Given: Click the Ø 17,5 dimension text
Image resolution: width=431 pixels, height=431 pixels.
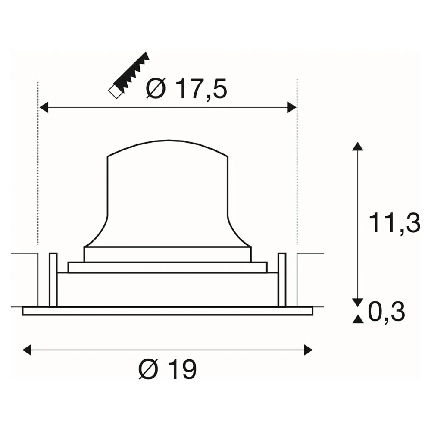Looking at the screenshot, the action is click(x=186, y=88).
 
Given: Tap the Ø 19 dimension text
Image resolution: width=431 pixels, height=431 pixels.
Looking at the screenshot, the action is click(x=167, y=369).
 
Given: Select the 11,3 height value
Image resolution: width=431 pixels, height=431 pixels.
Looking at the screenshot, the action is click(x=394, y=223).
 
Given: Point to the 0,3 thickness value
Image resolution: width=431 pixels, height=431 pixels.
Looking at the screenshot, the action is click(x=386, y=312).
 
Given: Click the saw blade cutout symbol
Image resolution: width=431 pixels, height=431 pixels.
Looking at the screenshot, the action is click(x=128, y=75).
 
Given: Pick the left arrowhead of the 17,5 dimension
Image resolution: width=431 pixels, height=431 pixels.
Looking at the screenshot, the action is click(x=44, y=107).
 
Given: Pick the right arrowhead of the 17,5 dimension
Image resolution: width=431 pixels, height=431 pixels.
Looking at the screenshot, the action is click(x=292, y=107).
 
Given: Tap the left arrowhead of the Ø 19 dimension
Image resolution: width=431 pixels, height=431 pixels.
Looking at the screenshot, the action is click(x=27, y=350).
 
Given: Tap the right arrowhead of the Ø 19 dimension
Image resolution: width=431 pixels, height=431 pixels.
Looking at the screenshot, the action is click(x=308, y=350).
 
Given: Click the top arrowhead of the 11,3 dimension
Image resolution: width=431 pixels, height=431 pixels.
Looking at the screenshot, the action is click(x=357, y=146).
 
